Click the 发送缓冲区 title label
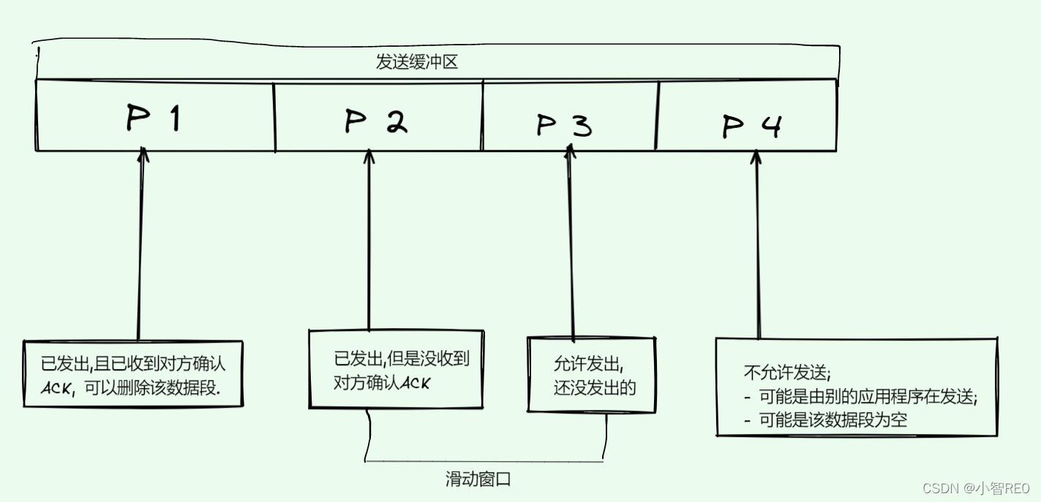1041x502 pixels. point(416,62)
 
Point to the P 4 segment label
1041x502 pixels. point(751,126)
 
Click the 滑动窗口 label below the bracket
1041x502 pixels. point(478,480)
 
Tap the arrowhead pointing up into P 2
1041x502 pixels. point(369,156)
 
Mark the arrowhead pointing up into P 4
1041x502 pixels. point(756,157)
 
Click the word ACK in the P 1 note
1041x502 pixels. point(57,389)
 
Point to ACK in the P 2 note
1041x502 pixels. point(415,382)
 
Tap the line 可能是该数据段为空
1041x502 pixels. point(833,420)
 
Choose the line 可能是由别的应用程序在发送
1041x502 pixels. point(867,397)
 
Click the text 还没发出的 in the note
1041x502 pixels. point(594,387)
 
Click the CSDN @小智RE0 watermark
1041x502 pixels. point(975,488)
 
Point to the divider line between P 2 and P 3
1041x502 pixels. point(483,117)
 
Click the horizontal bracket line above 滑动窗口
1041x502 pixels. point(483,462)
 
